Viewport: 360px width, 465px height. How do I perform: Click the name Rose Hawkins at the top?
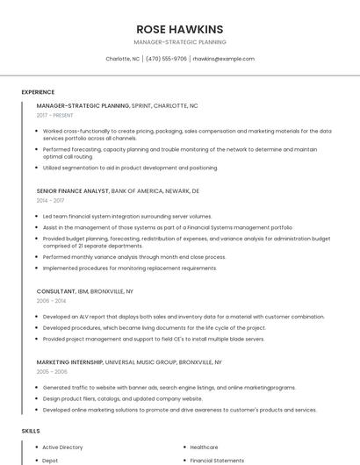click(x=180, y=29)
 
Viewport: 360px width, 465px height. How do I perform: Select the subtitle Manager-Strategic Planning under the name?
click(x=180, y=42)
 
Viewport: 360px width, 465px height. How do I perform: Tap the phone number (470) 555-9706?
click(x=166, y=59)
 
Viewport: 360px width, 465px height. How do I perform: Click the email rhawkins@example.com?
click(x=224, y=59)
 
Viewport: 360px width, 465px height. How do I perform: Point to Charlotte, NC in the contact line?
click(x=123, y=59)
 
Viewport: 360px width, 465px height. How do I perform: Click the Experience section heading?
click(x=38, y=92)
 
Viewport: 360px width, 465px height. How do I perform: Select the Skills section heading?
click(x=31, y=431)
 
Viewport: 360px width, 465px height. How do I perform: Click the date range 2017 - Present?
click(x=55, y=115)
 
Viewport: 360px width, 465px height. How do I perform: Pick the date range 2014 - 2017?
click(x=50, y=200)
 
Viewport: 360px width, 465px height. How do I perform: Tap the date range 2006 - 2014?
click(x=51, y=300)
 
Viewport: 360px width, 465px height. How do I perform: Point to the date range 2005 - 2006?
click(x=51, y=371)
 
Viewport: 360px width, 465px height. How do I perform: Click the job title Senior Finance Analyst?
click(x=73, y=190)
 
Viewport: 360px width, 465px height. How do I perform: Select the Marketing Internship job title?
click(x=76, y=361)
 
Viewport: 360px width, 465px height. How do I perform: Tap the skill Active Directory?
click(x=62, y=447)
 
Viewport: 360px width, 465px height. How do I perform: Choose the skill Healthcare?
click(x=204, y=447)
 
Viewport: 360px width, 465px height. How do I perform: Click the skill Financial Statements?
click(x=217, y=460)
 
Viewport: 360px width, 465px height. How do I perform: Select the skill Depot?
click(x=50, y=460)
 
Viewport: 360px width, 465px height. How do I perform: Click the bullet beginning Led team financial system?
click(x=127, y=216)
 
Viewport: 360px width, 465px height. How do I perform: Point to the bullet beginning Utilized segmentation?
click(x=130, y=168)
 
